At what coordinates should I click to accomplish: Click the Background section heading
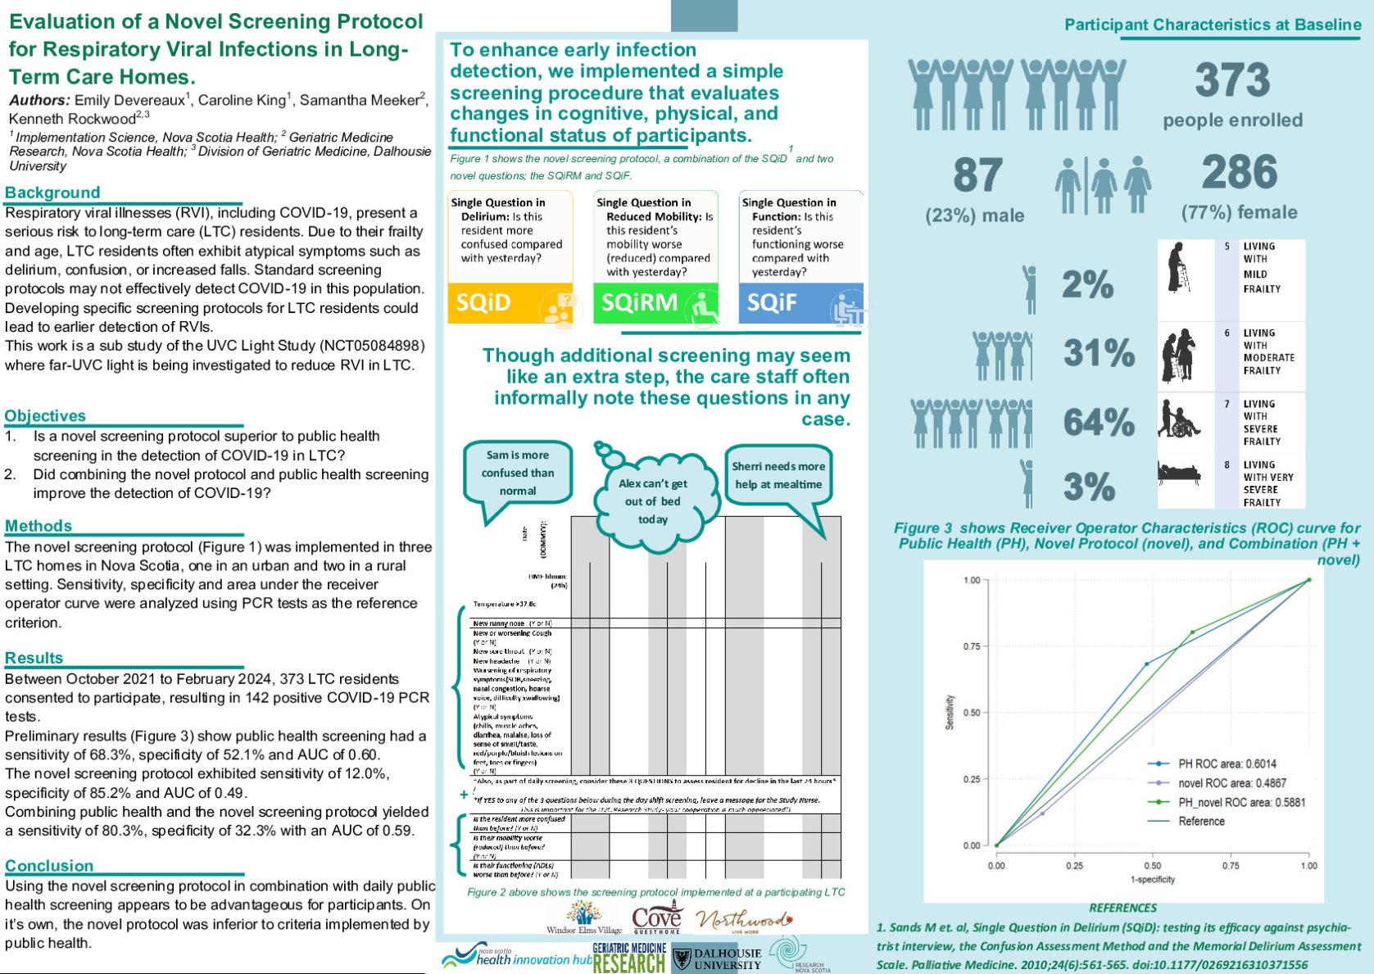click(x=52, y=193)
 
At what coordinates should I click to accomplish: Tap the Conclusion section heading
click(x=49, y=866)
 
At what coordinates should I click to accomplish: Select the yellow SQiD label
click(x=483, y=303)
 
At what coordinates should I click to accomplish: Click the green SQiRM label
click(x=639, y=303)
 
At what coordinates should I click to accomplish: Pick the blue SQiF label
click(x=772, y=303)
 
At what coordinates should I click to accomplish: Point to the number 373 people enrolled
click(x=1231, y=81)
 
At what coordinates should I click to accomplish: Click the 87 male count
click(x=977, y=174)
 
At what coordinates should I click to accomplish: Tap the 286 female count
click(x=1239, y=173)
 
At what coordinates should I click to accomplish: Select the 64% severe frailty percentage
click(x=1099, y=423)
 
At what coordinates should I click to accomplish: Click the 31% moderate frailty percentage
click(x=1099, y=353)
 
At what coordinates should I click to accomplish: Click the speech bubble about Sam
click(x=518, y=473)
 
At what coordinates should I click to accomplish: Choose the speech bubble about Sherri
click(x=778, y=475)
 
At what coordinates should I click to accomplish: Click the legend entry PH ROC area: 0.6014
click(x=1227, y=763)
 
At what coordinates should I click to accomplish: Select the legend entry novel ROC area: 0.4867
click(x=1231, y=783)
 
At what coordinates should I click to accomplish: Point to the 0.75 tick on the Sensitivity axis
click(x=972, y=646)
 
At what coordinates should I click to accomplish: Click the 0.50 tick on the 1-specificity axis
click(x=1152, y=865)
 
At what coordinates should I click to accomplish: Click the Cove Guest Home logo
click(x=656, y=919)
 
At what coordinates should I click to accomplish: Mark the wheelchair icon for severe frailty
click(x=1179, y=419)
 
